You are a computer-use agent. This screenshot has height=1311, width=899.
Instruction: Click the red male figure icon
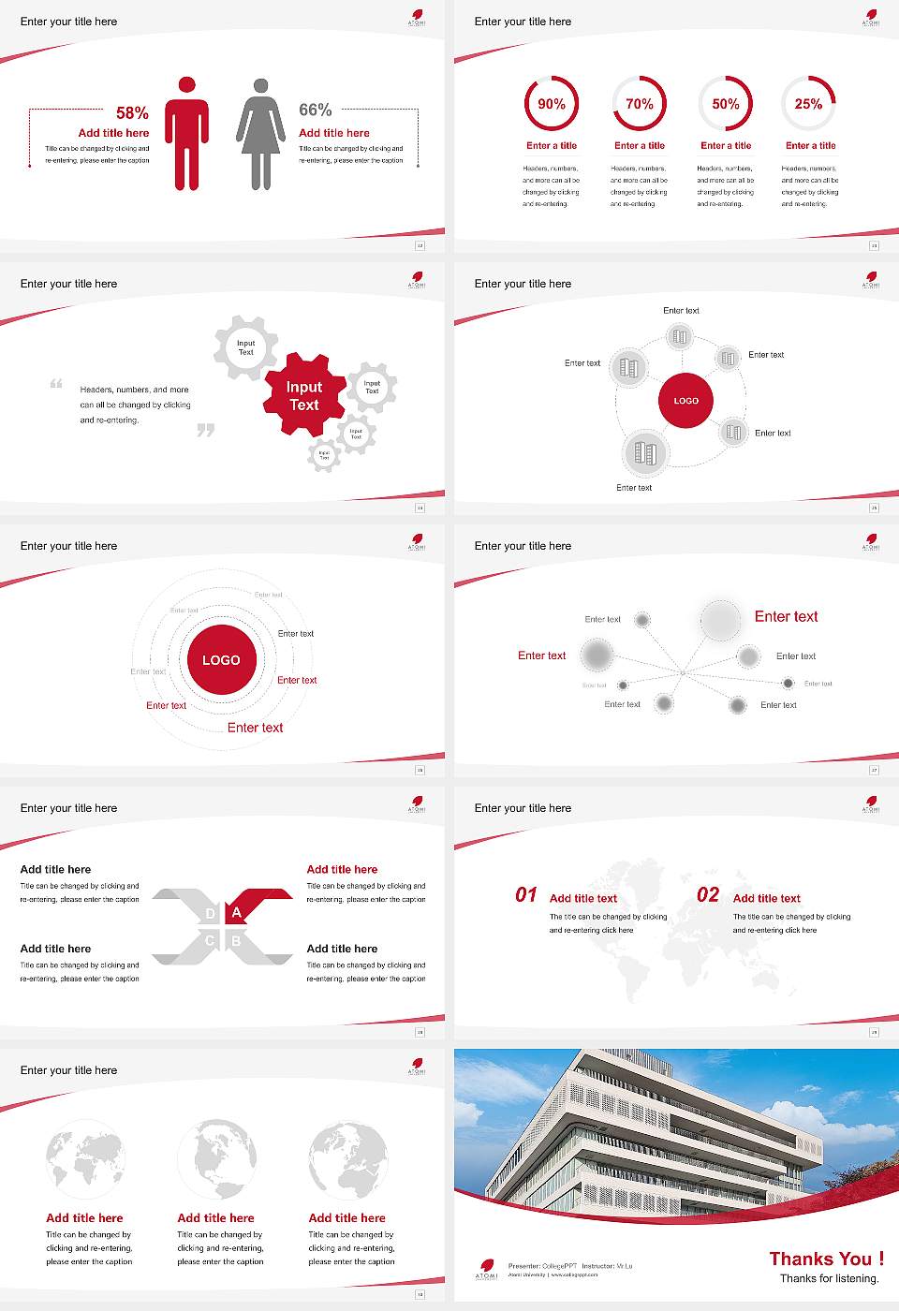coord(186,133)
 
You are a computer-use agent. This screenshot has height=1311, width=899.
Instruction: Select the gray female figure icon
coord(260,133)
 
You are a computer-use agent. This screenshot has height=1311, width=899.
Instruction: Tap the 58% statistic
coord(132,113)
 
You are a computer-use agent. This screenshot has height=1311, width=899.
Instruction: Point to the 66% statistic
coord(316,110)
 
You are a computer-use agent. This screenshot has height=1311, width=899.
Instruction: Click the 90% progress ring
coord(552,104)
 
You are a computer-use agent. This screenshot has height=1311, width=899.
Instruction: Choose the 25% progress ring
coord(808,104)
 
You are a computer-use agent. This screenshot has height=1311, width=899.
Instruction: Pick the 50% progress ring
coord(726,104)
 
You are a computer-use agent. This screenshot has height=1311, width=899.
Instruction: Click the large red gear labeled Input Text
coord(303,395)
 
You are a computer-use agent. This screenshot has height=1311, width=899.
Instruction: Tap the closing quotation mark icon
coord(206,430)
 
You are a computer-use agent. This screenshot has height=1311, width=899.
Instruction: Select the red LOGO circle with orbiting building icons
coord(686,401)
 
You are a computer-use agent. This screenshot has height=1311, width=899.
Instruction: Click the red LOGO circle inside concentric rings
coord(221,660)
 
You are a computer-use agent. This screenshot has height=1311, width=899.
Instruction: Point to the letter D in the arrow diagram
coord(210,914)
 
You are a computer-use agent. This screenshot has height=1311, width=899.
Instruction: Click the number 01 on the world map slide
coord(526,895)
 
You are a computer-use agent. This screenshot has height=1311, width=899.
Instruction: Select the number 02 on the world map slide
coord(708,895)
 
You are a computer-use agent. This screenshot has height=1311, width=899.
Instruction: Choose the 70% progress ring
coord(640,104)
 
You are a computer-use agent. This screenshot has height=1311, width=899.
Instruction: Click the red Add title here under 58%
coord(113,133)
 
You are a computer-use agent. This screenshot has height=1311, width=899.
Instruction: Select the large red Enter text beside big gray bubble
coord(786,616)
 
